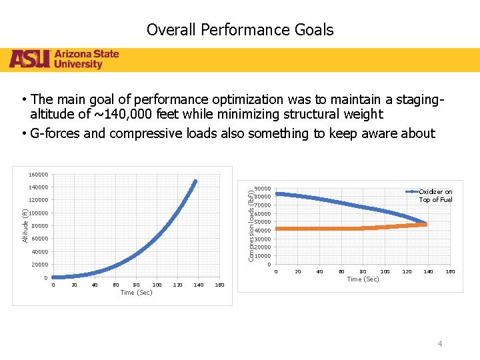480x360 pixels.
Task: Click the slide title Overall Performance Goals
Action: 240,30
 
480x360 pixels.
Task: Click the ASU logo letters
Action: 30,59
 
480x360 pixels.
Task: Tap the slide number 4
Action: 439,343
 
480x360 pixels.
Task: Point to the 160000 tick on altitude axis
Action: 38,175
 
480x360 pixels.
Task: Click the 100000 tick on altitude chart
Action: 38,213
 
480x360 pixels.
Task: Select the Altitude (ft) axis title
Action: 25,225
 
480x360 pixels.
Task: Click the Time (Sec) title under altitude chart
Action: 136,293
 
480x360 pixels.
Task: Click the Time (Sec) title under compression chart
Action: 363,279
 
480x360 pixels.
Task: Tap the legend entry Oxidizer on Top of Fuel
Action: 435,196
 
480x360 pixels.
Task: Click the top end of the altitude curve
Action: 195,181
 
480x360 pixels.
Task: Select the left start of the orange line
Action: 277,229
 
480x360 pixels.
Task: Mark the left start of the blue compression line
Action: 277,194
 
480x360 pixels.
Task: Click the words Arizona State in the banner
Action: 87,54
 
